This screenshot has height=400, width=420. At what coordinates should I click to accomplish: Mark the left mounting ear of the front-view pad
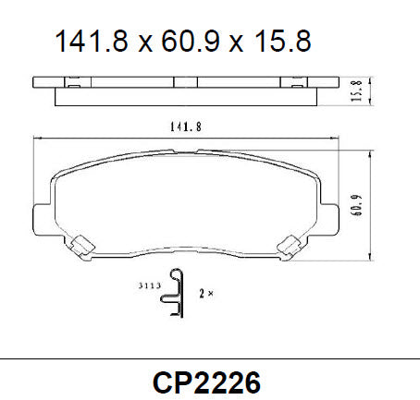(x=43, y=218)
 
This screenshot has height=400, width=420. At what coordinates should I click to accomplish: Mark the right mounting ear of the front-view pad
(x=328, y=218)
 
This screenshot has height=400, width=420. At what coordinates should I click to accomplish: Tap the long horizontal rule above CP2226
(x=210, y=358)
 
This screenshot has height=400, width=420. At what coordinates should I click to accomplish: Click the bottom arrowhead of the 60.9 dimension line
(x=370, y=257)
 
